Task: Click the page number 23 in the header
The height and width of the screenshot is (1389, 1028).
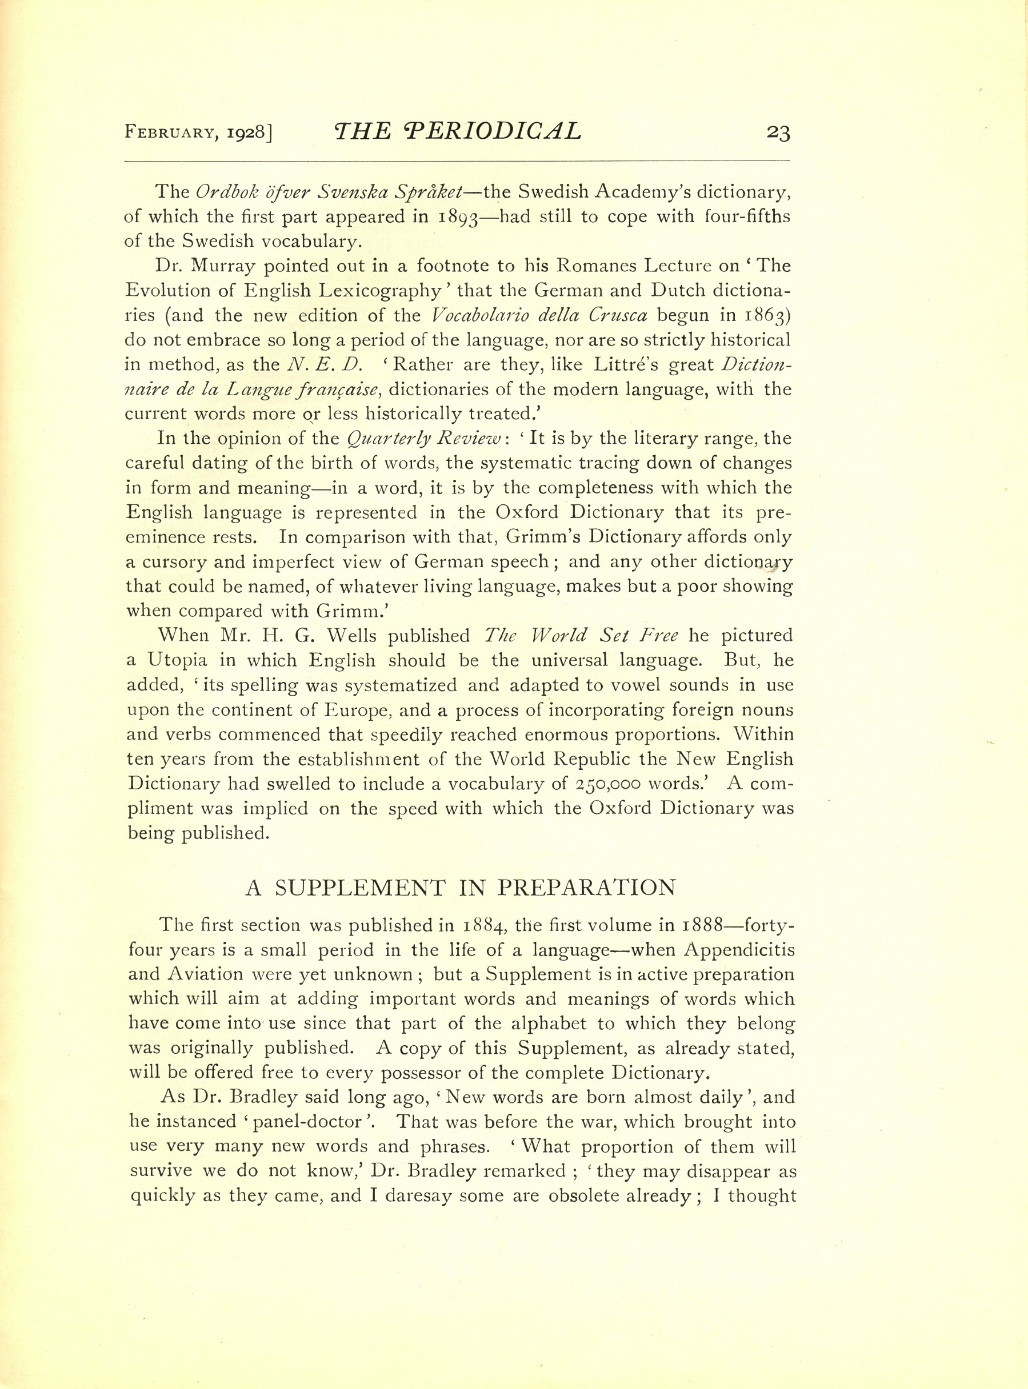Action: (x=778, y=133)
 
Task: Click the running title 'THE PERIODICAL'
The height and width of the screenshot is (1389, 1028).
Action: (x=457, y=131)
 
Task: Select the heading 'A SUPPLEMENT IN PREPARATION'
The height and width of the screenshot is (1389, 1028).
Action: (x=461, y=888)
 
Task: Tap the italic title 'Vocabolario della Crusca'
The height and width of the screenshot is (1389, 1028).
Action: (x=539, y=315)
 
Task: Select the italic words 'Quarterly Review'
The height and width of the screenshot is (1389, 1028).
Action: (x=424, y=439)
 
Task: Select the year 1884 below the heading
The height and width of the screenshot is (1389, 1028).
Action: (x=489, y=926)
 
